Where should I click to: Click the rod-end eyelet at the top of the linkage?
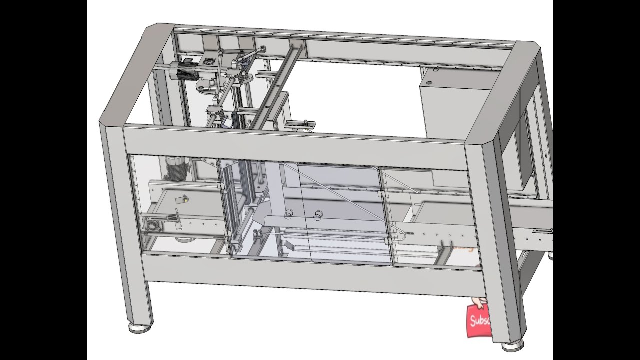[261, 48]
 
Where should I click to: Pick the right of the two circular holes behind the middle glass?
[317, 215]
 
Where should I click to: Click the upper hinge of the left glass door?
[220, 185]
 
